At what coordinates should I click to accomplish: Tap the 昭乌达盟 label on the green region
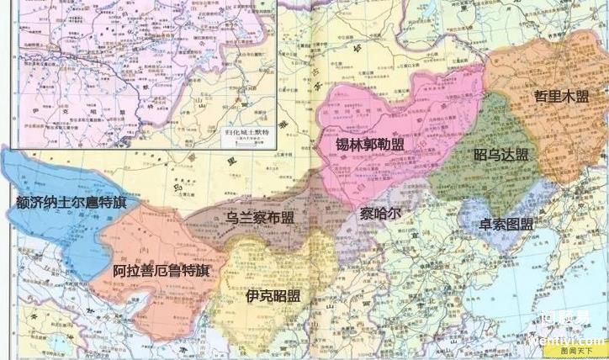point(501,155)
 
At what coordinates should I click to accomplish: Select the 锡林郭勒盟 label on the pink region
point(368,145)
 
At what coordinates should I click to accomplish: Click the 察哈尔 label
point(380,213)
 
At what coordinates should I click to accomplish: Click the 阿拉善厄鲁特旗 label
point(162,270)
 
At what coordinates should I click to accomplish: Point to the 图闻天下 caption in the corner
point(584,352)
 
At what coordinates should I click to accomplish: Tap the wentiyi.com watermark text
point(580,341)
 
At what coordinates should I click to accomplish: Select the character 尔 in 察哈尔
point(394,213)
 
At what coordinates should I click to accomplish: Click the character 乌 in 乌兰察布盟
point(233,217)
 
